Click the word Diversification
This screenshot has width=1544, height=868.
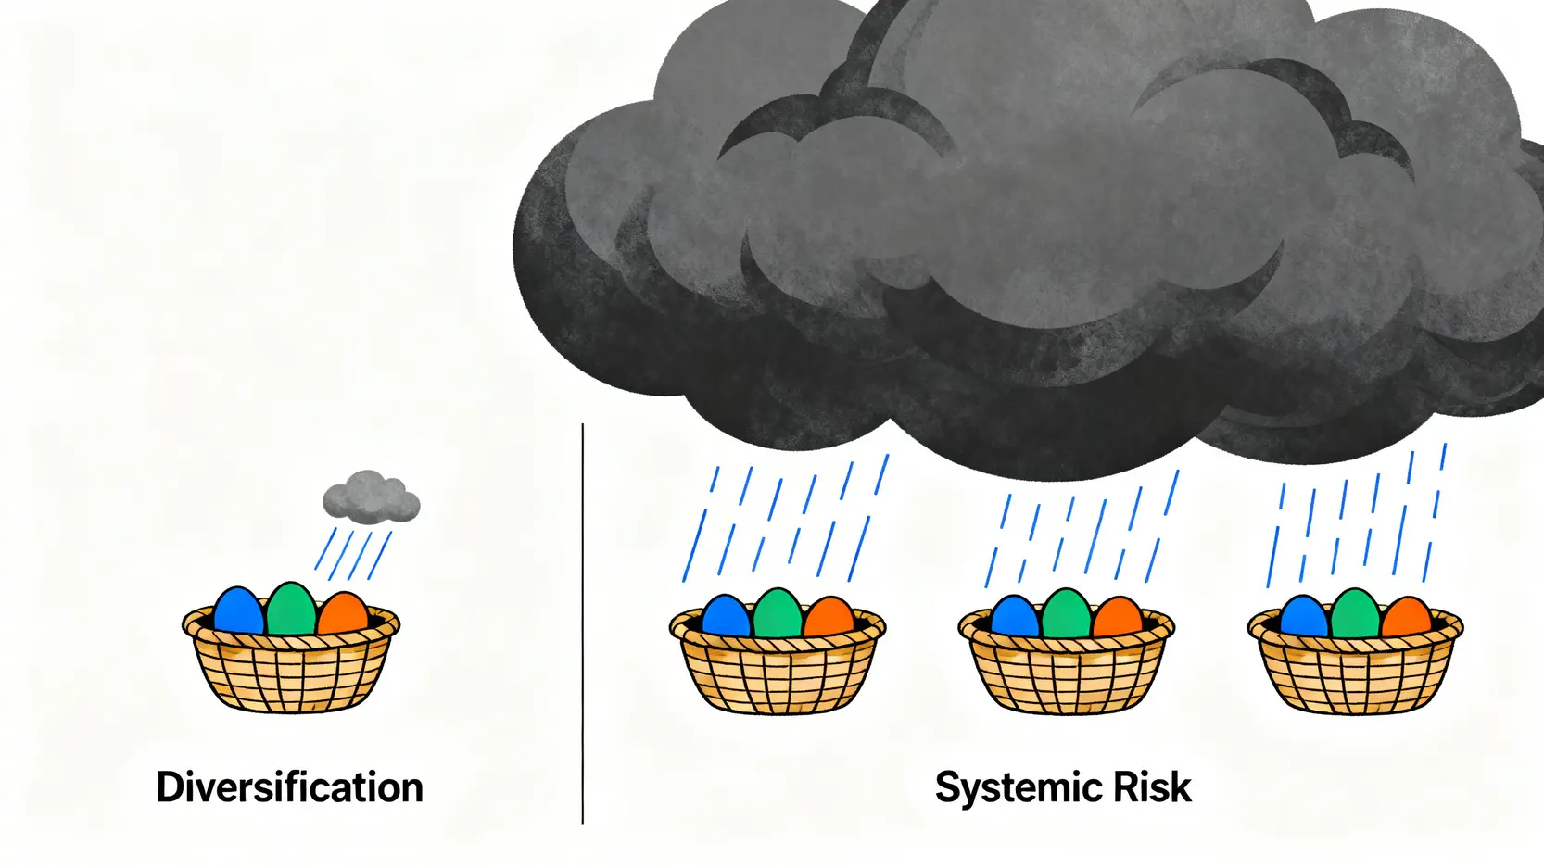pos(289,787)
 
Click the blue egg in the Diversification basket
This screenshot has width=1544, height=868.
pos(238,611)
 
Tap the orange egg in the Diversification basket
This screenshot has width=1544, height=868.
pos(343,614)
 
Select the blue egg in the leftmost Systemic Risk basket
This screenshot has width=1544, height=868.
pos(726,617)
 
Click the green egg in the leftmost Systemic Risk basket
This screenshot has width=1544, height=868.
pos(778,613)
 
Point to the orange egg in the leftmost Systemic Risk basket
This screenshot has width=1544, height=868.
pos(829,619)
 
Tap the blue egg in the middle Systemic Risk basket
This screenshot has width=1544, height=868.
pos(1015,617)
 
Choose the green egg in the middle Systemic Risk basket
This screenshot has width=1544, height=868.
pos(1067,613)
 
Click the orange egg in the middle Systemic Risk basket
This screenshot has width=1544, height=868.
pos(1118,619)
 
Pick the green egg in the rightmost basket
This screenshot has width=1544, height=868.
pos(1355,613)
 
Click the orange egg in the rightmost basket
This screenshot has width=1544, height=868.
pos(1407,619)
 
